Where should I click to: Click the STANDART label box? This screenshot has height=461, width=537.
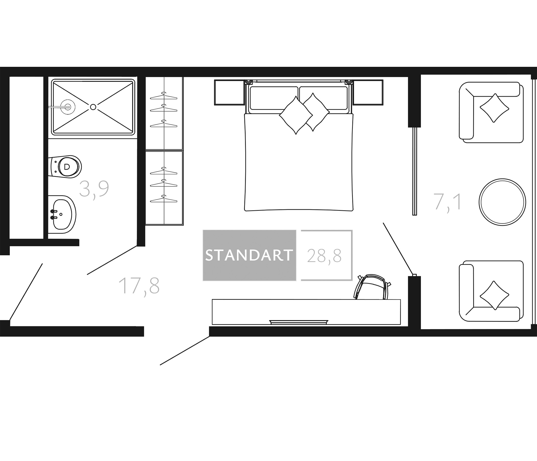249,255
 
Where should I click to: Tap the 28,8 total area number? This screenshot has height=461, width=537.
324,256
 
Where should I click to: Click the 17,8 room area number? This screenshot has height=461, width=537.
139,286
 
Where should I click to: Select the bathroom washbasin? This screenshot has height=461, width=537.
62,214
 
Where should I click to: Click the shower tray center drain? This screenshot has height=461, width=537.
93,107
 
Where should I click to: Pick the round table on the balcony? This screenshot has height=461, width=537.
502,202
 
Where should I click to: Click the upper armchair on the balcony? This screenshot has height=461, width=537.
491,112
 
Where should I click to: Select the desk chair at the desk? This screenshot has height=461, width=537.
372,287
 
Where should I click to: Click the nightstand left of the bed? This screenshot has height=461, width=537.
230,92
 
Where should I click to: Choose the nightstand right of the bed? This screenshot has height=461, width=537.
368,92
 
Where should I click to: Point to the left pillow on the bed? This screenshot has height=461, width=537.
296,115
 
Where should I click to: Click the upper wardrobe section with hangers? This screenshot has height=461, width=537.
164,113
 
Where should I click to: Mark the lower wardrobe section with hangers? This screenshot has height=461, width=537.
164,188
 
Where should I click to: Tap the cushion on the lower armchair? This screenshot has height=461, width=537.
494,295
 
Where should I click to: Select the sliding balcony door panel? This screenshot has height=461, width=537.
415,171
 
